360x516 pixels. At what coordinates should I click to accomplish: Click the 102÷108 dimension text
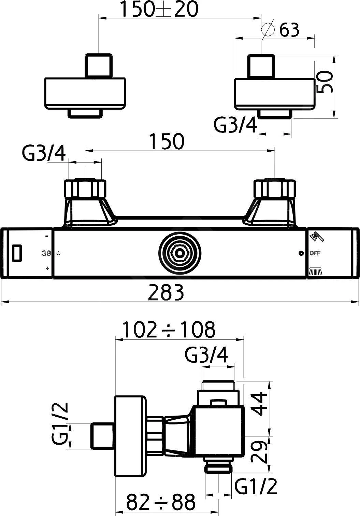pyautogui.click(x=169, y=330)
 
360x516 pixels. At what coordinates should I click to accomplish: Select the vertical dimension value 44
pyautogui.click(x=261, y=404)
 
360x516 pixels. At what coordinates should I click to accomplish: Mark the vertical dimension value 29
pyautogui.click(x=261, y=452)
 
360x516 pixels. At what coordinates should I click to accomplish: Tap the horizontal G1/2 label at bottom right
pyautogui.click(x=256, y=487)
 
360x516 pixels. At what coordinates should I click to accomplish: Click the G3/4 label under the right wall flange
pyautogui.click(x=235, y=126)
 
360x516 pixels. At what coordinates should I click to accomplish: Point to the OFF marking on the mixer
pyautogui.click(x=315, y=253)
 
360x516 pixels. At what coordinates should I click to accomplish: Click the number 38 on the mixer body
pyautogui.click(x=46, y=253)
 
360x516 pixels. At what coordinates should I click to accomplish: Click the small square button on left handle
pyautogui.click(x=16, y=253)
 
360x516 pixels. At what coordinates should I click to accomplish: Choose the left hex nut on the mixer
pyautogui.click(x=85, y=189)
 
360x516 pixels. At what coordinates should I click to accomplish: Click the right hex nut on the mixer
pyautogui.click(x=275, y=189)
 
